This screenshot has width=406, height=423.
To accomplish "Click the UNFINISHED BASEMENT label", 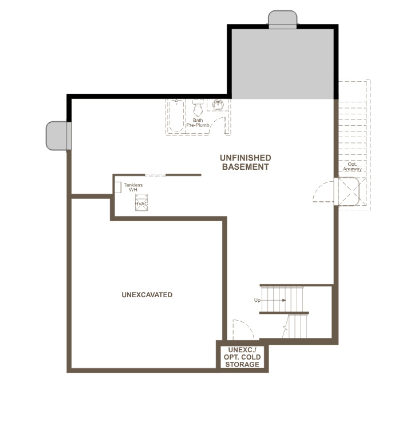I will click(246, 162).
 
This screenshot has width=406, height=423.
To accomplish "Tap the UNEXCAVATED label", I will click(147, 295).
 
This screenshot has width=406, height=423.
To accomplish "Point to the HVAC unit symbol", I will click(141, 203).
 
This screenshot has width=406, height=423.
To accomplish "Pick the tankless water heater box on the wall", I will click(117, 187).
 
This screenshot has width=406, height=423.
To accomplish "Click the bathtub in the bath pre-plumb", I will click(175, 117).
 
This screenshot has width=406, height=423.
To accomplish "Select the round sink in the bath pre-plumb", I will click(219, 105).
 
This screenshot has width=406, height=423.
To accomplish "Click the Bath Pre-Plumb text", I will click(198, 123).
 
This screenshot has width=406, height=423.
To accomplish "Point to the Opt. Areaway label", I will click(352, 166).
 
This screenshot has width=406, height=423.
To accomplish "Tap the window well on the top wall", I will click(283, 19).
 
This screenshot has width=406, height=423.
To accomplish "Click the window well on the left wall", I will click(58, 135).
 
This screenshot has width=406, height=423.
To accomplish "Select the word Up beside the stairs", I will click(258, 300).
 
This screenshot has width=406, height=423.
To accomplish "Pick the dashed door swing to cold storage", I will click(243, 329).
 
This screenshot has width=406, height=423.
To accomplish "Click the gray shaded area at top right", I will click(282, 63).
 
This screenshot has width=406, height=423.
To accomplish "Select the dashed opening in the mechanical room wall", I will click(155, 175).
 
